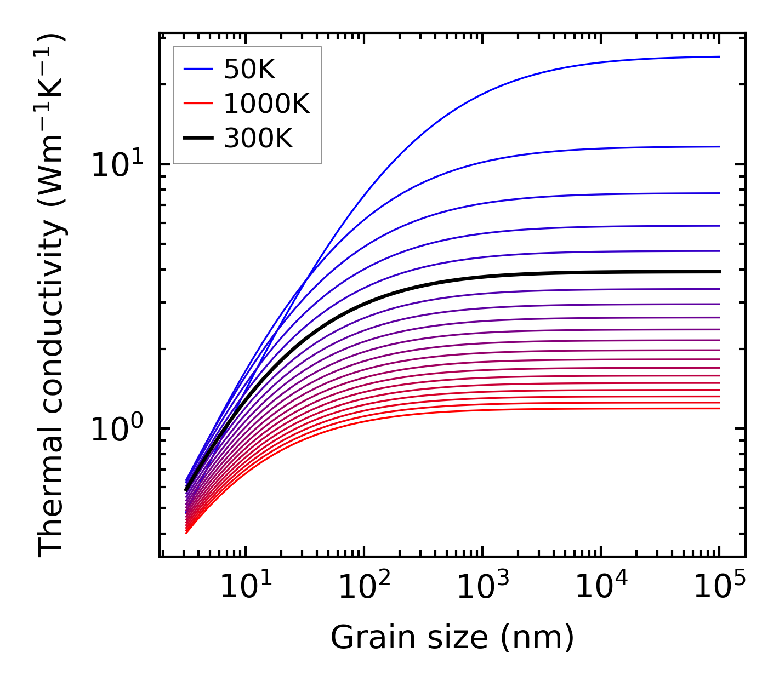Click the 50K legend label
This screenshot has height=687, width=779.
(x=249, y=70)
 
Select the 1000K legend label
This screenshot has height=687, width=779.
(x=266, y=104)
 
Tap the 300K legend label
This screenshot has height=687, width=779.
(x=258, y=138)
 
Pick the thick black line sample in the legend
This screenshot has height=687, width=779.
(x=198, y=138)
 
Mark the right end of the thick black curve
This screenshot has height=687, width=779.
(x=719, y=271)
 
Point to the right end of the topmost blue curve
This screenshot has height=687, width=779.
(x=719, y=56)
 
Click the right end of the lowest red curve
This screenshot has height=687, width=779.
(x=719, y=408)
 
